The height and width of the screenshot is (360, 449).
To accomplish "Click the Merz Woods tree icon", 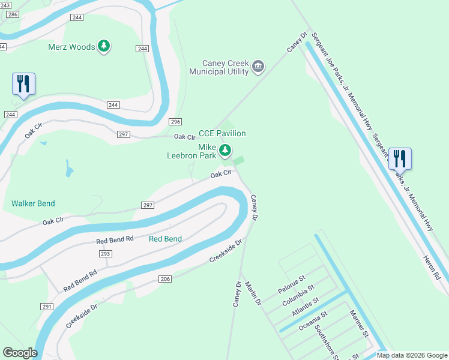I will (104, 46).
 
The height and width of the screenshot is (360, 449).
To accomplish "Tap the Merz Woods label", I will (71, 47).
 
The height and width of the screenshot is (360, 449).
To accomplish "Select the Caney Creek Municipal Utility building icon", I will (258, 66).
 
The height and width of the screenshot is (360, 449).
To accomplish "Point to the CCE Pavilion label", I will (222, 133).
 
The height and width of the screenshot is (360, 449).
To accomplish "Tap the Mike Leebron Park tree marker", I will (225, 150).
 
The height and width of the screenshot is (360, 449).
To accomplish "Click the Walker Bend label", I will (33, 203).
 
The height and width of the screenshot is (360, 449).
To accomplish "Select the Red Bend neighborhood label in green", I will (165, 238).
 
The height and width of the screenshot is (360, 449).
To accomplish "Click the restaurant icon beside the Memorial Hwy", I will (400, 159).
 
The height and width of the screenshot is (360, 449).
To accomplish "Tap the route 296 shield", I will (175, 122).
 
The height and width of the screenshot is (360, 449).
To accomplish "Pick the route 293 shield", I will (105, 254).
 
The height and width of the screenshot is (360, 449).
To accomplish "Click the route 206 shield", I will (165, 279).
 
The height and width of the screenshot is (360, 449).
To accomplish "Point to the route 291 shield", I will (47, 306).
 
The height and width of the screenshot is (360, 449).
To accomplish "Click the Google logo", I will (20, 353).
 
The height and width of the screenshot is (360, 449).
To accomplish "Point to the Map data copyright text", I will (412, 355).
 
